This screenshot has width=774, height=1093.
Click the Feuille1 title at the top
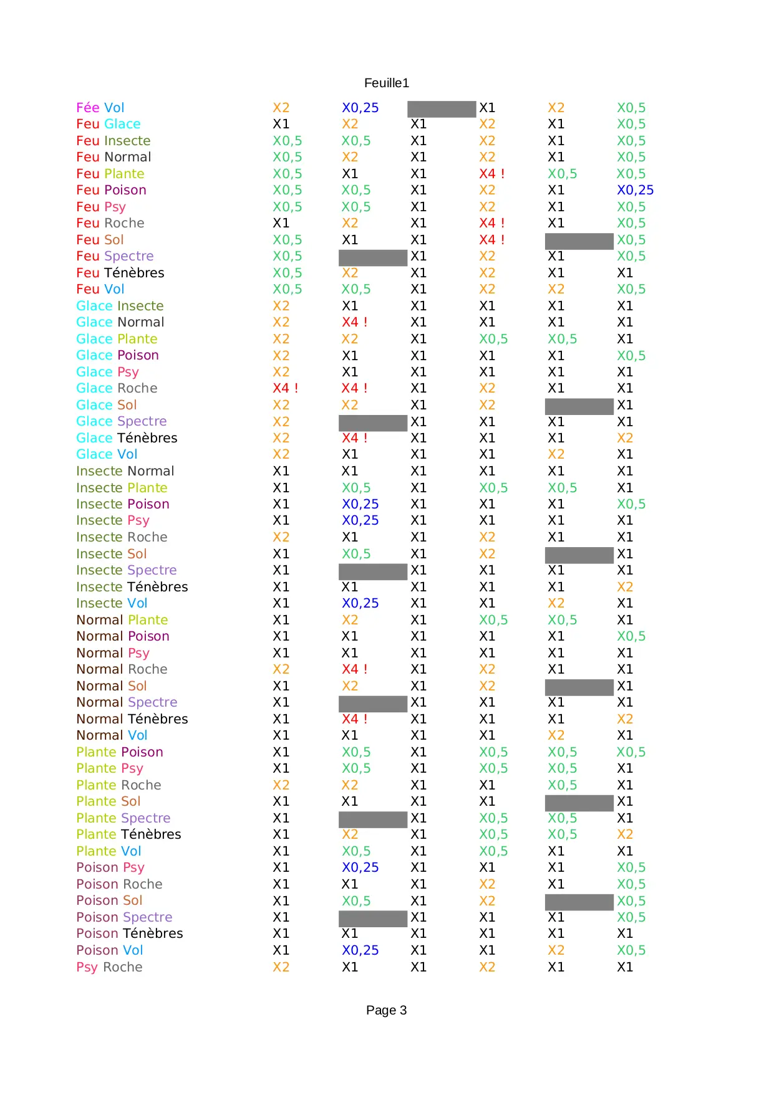[x=386, y=83]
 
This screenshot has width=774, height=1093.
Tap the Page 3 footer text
[x=386, y=1010]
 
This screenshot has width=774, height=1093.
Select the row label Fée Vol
[x=100, y=108]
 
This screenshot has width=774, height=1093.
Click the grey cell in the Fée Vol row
[x=441, y=109]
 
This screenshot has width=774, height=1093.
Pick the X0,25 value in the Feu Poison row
[x=635, y=190]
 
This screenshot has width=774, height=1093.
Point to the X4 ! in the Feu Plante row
[x=491, y=174]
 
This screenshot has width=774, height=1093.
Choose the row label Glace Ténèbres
[x=127, y=438]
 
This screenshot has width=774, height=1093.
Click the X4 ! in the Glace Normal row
[x=354, y=322]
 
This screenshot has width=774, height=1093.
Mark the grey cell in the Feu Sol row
[x=579, y=241]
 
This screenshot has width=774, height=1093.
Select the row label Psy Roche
[x=109, y=967]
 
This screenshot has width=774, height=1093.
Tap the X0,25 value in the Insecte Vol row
[x=360, y=603]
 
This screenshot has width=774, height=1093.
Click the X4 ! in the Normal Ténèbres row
[x=354, y=719]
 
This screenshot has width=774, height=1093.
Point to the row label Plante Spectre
[x=123, y=818]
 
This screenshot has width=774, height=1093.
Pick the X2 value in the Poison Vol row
[x=556, y=950]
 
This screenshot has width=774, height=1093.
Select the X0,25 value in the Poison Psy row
[x=360, y=867]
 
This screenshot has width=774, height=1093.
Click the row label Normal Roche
[x=122, y=669]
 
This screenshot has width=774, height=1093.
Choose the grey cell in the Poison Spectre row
[x=372, y=919]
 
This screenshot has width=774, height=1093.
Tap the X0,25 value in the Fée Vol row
[x=360, y=108]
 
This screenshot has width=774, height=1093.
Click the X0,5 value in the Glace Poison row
[x=631, y=356]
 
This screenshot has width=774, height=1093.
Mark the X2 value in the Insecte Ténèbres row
[x=624, y=587]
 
